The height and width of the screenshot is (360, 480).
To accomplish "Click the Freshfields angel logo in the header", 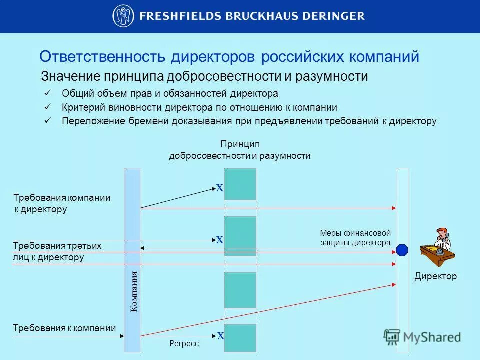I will tap(123, 16).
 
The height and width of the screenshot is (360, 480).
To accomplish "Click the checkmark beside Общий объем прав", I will tap(48, 93).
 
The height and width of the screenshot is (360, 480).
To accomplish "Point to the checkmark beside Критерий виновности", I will tap(48, 107).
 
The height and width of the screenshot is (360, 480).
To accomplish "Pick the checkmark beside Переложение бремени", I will tap(48, 120).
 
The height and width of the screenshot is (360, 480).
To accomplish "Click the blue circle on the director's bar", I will tap(402, 250).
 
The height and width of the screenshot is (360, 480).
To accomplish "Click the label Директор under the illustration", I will tap(435, 276).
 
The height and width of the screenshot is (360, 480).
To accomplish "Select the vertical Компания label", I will tap(133, 291).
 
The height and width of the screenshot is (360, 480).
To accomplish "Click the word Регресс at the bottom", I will tap(184, 344).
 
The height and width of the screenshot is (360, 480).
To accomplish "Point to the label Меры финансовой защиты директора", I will tap(355, 238).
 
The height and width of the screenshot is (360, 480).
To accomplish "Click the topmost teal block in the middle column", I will tap(240, 184).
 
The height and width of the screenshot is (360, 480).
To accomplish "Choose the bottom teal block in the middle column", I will tap(240, 337).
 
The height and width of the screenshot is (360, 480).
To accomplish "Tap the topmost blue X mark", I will tap(219, 188).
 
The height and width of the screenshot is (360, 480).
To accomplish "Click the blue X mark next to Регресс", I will tap(220, 336).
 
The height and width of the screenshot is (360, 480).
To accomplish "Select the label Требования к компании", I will tap(64, 328).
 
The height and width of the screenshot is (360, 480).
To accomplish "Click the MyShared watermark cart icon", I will tap(392, 336).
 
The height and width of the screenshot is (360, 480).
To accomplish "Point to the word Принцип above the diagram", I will tap(240, 144).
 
